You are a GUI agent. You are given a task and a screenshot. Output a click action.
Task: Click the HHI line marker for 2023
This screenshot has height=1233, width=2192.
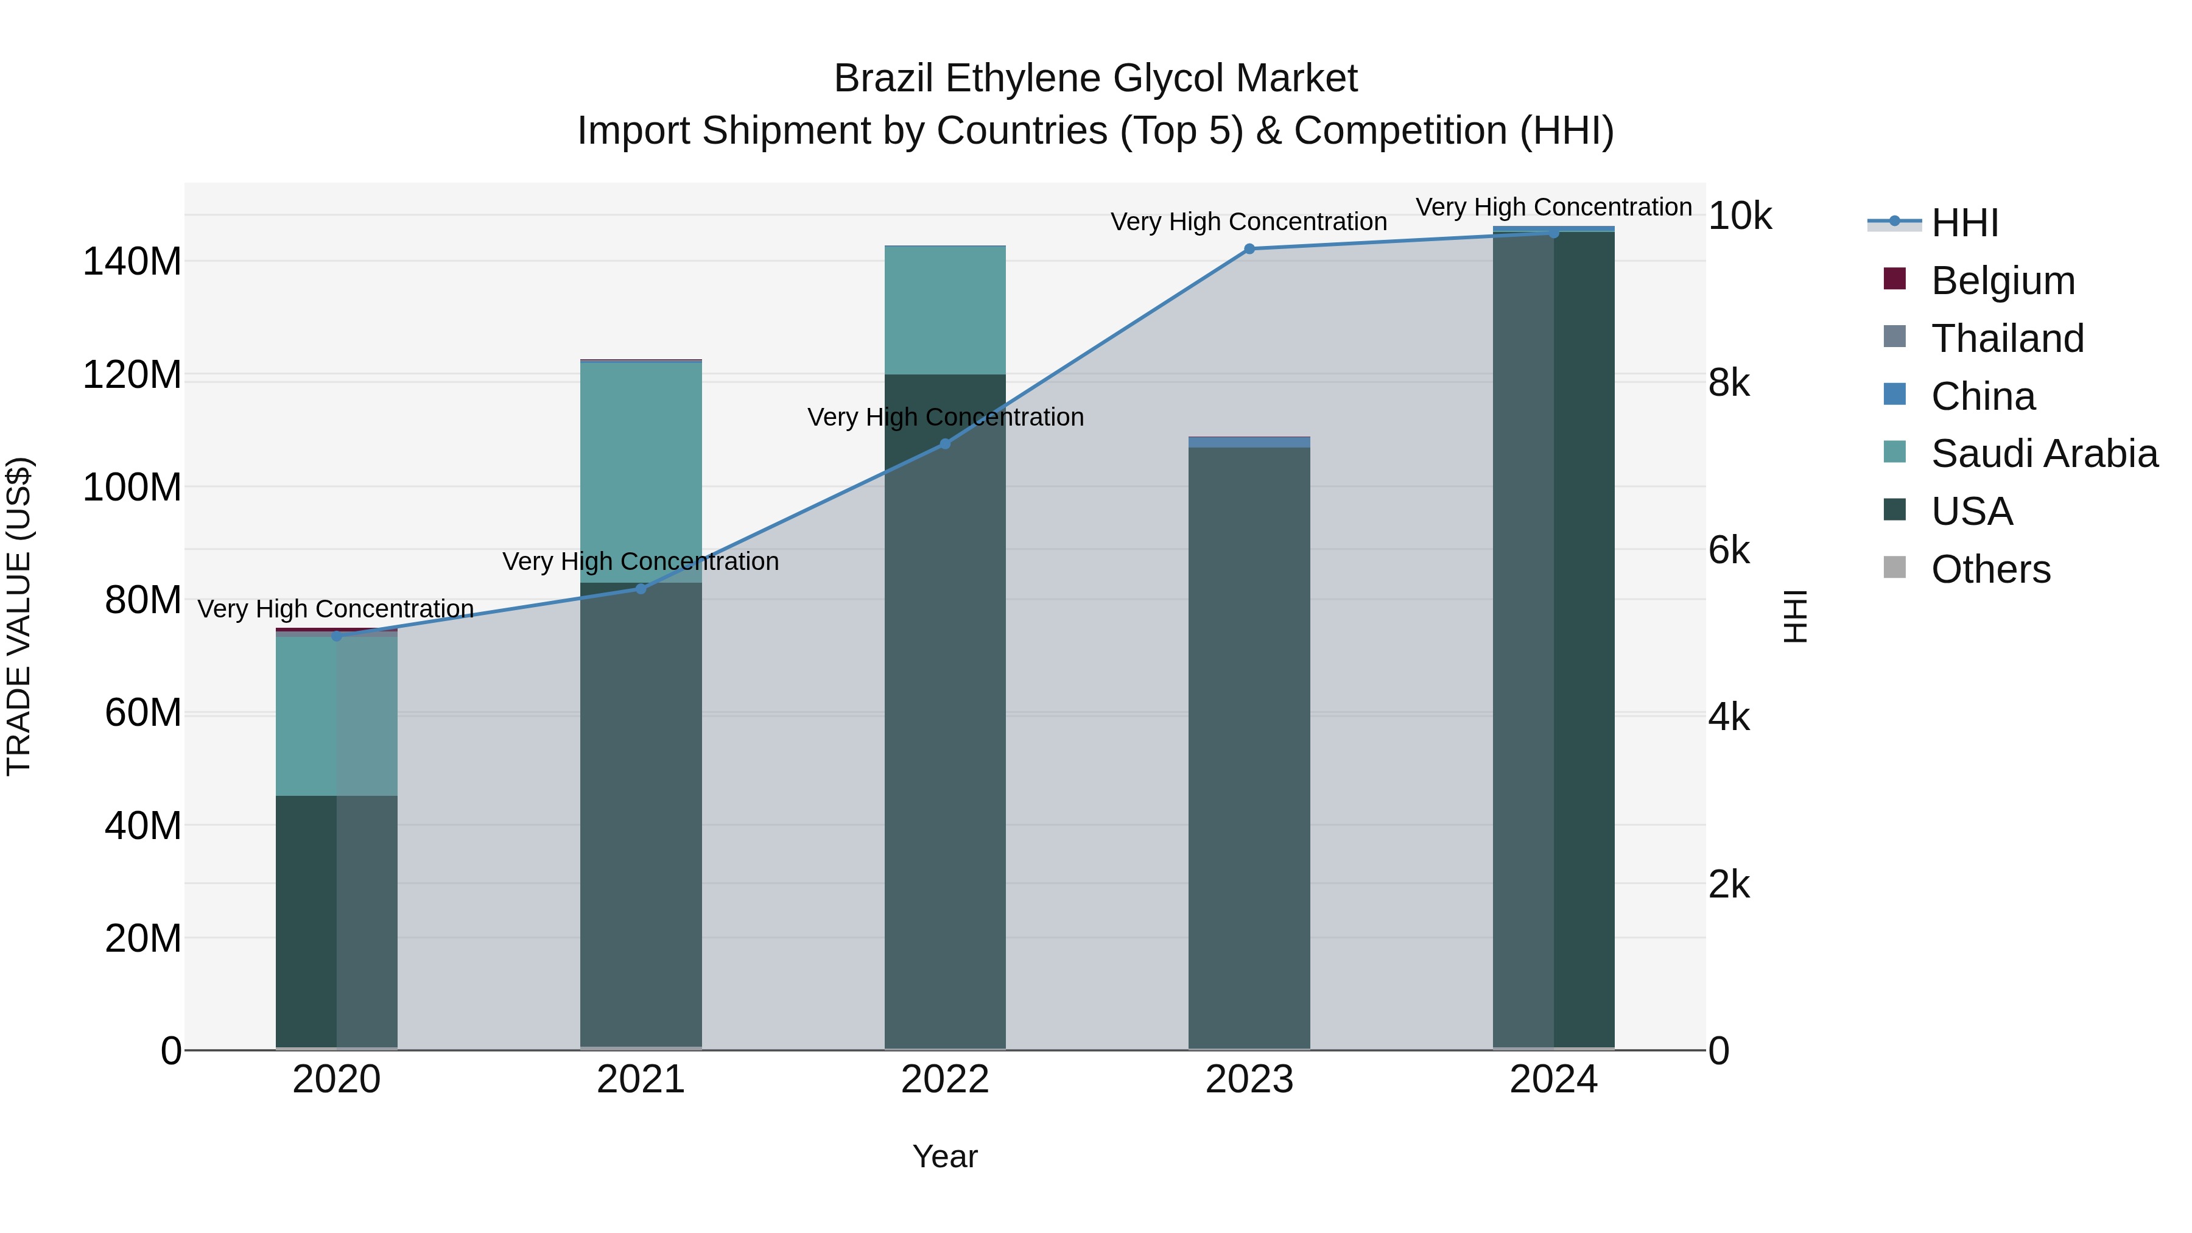pos(1249,249)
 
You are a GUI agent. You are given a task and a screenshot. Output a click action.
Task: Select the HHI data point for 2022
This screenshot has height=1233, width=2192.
pos(944,443)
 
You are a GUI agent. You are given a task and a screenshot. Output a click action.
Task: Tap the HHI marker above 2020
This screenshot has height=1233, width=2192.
pos(337,636)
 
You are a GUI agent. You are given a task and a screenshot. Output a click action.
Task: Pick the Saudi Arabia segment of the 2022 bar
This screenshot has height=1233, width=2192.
pos(944,311)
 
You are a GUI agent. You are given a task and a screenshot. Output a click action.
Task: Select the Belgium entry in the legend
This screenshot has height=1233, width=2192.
pos(2002,281)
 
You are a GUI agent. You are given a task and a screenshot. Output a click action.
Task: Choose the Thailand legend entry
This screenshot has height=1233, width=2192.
pos(2006,339)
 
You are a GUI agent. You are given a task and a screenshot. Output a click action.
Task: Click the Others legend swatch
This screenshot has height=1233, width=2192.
pos(1895,567)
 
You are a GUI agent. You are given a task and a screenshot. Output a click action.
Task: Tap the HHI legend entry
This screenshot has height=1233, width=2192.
pos(1964,223)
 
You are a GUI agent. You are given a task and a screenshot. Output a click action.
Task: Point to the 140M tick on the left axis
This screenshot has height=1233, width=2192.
pos(132,261)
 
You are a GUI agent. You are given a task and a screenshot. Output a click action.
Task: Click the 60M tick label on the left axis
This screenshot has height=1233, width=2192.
pos(143,713)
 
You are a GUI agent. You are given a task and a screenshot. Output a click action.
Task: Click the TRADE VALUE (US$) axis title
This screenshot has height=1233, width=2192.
pos(19,616)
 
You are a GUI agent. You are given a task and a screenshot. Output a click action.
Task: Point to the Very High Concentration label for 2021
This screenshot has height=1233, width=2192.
pos(640,561)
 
